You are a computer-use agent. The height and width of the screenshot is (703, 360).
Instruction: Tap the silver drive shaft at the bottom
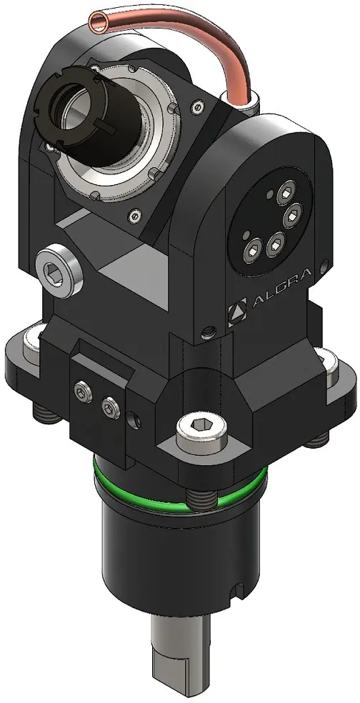click(181, 654)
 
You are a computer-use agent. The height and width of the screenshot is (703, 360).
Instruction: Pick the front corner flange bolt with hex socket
click(200, 431)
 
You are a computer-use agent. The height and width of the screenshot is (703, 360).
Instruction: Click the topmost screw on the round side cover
click(286, 193)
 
